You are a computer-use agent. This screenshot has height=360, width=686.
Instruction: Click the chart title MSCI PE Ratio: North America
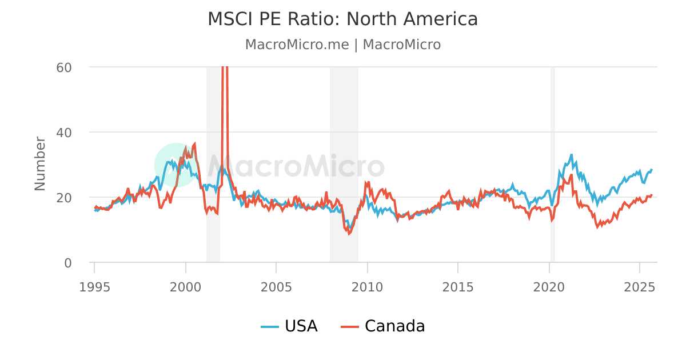click(x=342, y=19)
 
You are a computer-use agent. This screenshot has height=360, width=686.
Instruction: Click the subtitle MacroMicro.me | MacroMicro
click(x=342, y=45)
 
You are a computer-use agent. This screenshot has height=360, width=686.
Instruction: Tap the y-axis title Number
click(x=40, y=163)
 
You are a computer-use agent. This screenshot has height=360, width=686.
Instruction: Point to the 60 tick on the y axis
click(x=63, y=67)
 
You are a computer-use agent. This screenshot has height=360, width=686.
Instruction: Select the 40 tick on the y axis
click(x=63, y=132)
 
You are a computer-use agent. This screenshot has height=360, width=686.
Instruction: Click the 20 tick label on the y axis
click(x=63, y=197)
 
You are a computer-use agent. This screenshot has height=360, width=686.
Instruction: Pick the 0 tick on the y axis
click(x=67, y=262)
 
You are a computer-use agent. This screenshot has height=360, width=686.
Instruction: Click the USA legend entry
click(x=290, y=326)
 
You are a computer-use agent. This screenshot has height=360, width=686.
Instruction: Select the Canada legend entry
click(x=383, y=326)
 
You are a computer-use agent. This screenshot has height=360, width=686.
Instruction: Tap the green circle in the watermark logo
click(x=176, y=165)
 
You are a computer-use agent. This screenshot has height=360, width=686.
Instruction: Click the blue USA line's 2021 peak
click(x=571, y=155)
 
